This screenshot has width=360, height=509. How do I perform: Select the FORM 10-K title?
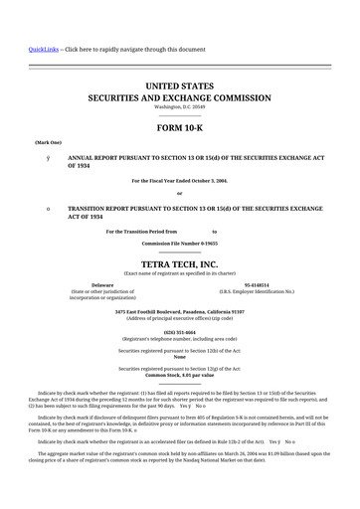[179, 129]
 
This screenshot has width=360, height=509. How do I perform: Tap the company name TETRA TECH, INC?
[179, 264]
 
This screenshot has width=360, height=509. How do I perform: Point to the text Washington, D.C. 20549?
[179, 107]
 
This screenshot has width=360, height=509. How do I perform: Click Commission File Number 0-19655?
[179, 243]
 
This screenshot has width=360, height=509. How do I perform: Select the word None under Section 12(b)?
[179, 356]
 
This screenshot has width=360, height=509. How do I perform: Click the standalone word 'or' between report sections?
[179, 192]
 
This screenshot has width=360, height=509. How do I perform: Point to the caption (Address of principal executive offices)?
[179, 318]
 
